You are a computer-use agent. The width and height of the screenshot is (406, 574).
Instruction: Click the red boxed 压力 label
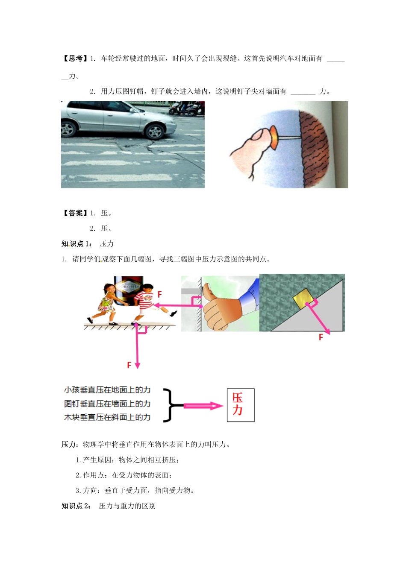240,405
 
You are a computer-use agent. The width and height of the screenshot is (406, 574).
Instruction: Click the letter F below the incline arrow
321,337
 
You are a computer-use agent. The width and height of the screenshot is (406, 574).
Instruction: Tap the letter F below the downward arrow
129,365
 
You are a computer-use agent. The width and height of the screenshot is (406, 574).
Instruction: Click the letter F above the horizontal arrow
160,294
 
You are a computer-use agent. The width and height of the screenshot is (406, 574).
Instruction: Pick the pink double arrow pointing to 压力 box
203,406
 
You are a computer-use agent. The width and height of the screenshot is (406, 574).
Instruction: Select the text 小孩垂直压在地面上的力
107,390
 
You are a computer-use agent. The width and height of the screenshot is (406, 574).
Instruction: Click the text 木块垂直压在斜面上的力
107,417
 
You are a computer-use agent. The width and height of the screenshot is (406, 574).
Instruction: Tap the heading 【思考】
75,59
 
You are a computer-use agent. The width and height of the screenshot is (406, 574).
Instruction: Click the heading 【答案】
75,213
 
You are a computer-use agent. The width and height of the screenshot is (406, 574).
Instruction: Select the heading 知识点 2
76,506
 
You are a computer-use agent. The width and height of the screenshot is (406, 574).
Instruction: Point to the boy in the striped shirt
145,301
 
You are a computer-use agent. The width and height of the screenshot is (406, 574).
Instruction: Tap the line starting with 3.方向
135,491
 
